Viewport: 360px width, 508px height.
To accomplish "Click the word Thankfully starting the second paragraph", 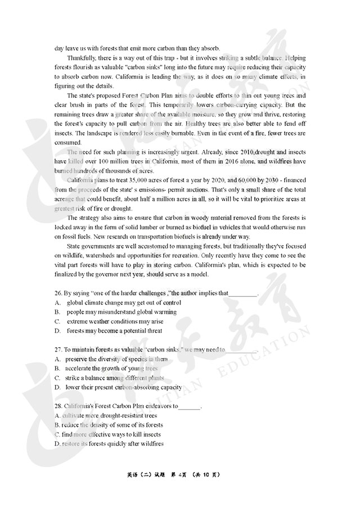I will click(82, 58).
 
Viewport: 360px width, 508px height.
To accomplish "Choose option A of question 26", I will click(57, 302).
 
